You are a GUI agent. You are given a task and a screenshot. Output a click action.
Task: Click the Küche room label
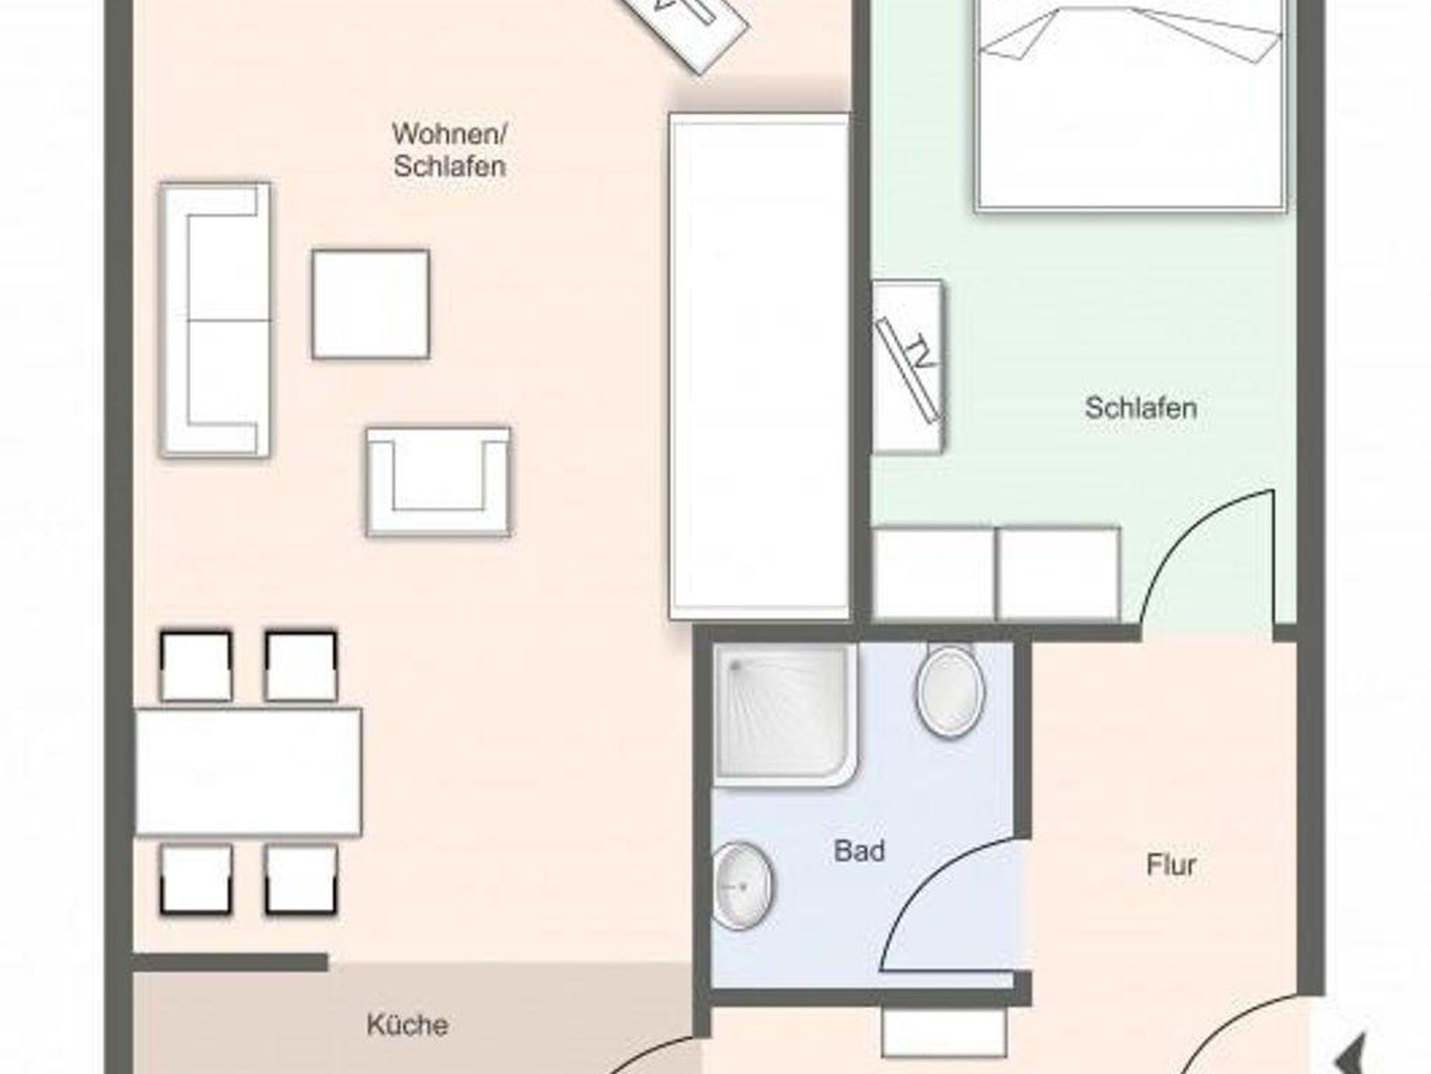(407, 1025)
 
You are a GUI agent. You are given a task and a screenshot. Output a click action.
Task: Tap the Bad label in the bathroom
(859, 851)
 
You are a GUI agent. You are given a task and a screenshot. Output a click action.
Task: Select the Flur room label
(1171, 865)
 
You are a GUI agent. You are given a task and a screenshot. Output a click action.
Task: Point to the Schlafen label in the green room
(1141, 408)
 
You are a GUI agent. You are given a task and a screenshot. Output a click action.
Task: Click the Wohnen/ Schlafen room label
(450, 150)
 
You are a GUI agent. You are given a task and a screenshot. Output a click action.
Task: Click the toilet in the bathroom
(950, 689)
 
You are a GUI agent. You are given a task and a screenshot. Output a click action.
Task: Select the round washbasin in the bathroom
(742, 886)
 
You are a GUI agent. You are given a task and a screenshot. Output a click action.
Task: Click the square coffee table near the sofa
(370, 304)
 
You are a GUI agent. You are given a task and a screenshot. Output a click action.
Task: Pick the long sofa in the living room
(215, 321)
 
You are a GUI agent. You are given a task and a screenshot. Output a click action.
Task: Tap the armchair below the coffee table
(438, 482)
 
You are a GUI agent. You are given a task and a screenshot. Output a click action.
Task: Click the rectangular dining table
(248, 772)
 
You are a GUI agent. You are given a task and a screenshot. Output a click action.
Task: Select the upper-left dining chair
(196, 665)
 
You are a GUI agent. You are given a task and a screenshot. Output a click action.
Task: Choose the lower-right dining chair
(301, 880)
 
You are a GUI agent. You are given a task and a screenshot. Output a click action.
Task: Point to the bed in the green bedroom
(1131, 105)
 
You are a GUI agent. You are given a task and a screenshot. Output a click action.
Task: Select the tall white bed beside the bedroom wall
(760, 366)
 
